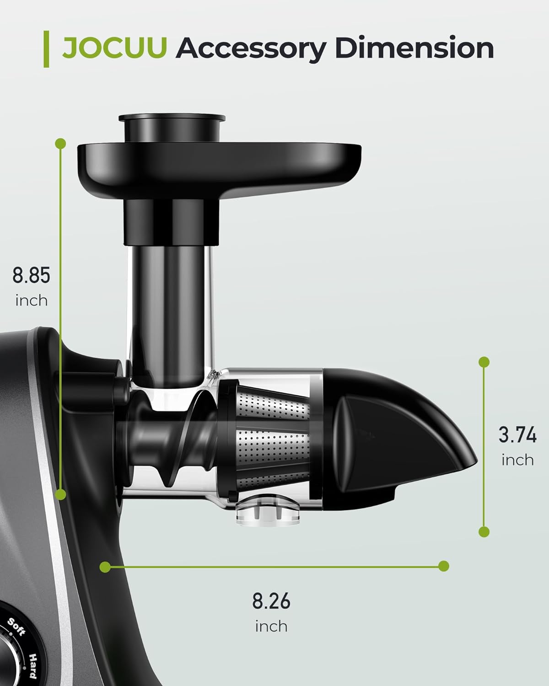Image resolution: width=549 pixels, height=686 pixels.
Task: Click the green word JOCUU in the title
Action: tap(114, 48)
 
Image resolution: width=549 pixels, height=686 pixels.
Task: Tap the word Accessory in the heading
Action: tap(251, 49)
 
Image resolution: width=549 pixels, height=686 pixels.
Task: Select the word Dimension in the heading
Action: tap(414, 48)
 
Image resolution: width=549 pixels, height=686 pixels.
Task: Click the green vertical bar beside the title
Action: tap(46, 49)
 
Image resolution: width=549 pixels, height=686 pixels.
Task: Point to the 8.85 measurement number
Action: tap(31, 275)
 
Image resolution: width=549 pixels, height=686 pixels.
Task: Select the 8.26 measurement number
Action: tap(271, 601)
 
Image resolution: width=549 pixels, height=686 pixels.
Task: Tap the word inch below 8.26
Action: tap(271, 627)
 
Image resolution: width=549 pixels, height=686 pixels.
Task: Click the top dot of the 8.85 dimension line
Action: tap(60, 144)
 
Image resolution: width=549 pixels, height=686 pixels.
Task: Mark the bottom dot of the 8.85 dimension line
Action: tap(60, 494)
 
